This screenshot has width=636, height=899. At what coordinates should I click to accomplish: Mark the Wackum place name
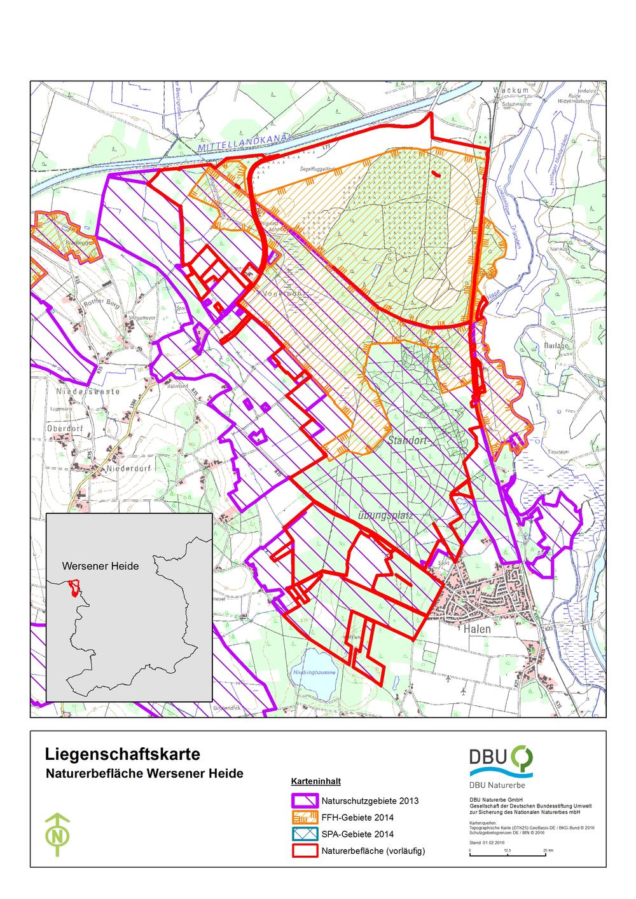[x=511, y=91]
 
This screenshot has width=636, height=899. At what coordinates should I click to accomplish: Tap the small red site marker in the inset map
[x=75, y=588]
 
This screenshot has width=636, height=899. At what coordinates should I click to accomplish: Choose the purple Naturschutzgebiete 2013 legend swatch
[x=305, y=801]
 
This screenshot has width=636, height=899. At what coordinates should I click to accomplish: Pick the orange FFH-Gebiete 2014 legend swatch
[x=305, y=818]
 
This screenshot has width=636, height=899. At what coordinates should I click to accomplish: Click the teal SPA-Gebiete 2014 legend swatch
[x=305, y=834]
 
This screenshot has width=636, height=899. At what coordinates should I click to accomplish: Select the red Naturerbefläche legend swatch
[x=305, y=851]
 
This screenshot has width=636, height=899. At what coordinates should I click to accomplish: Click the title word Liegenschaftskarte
[x=123, y=754]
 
